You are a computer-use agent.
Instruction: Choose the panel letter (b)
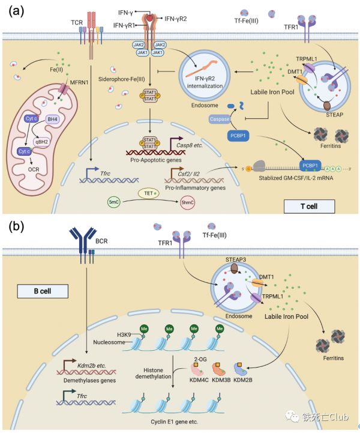tap(16, 228)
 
